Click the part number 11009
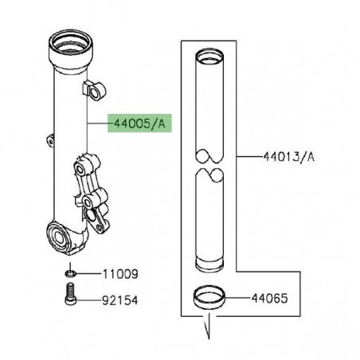pyautogui.click(x=119, y=273)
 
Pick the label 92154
pyautogui.click(x=119, y=303)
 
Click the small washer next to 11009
pyautogui.click(x=71, y=273)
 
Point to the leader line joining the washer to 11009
pyautogui.click(x=88, y=273)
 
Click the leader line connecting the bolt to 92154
pyautogui.click(x=88, y=303)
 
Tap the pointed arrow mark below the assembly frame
pyautogui.click(x=210, y=327)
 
